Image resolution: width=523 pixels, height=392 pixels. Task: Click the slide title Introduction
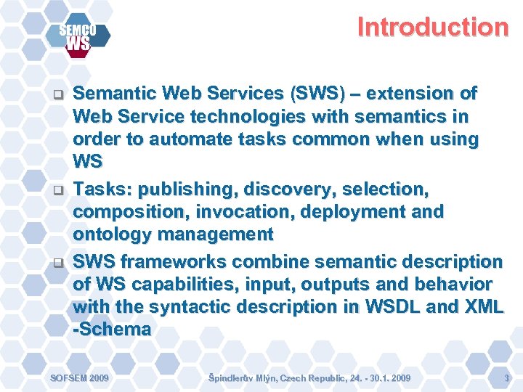[x=432, y=28]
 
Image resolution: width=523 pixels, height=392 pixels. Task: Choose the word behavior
[x=451, y=284]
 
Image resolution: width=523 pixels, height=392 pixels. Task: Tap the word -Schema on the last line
[x=113, y=329]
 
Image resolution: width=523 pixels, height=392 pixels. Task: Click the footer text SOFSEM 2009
[x=78, y=378]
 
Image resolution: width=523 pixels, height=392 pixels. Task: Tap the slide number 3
[x=506, y=378]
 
